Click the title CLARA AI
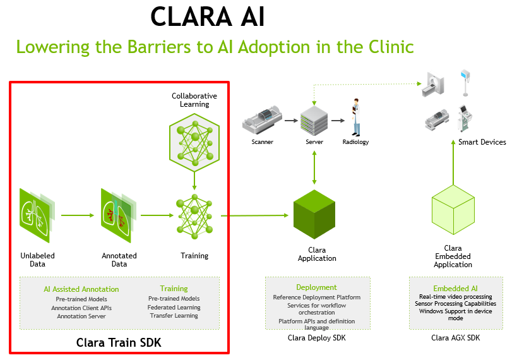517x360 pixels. point(208,16)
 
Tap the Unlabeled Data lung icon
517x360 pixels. point(37,215)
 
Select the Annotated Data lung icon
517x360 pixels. point(118,215)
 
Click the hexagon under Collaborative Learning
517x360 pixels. point(194,142)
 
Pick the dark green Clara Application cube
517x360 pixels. point(314,214)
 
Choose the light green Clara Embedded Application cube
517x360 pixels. point(453,210)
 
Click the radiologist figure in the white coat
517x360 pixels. point(355,117)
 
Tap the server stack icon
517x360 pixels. point(314,121)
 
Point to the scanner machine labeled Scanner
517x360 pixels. point(262,119)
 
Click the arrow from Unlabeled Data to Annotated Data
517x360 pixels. point(78,215)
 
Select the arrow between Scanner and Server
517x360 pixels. point(291,121)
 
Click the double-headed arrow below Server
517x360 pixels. point(314,167)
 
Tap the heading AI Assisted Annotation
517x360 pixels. point(81,289)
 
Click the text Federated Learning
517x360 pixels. point(174,307)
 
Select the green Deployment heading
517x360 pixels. point(316,287)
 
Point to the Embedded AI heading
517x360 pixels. point(455,289)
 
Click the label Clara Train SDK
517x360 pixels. point(119,342)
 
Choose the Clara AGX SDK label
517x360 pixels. point(456,338)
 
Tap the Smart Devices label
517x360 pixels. point(482,142)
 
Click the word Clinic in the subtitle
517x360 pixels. point(391,47)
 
